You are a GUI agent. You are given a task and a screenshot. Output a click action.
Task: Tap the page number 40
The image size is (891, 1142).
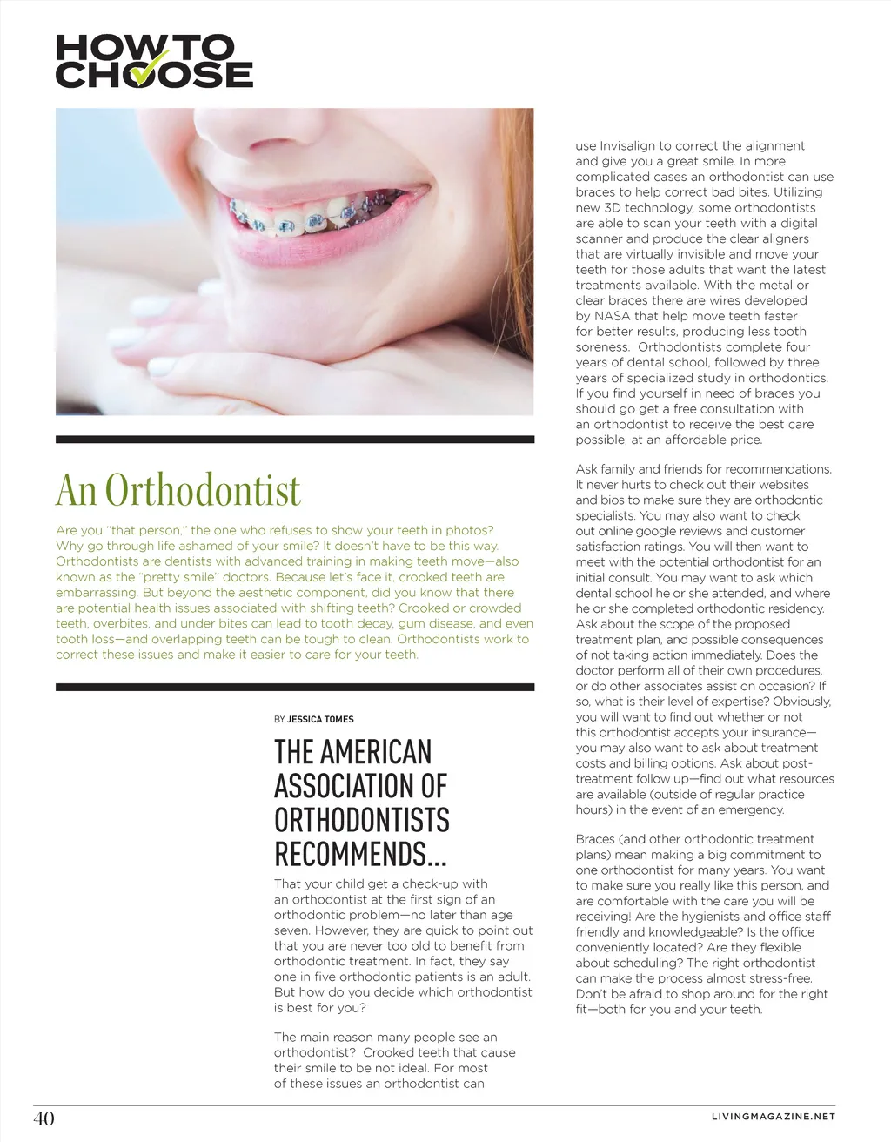tap(44, 1118)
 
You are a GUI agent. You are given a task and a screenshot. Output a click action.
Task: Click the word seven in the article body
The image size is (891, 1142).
tap(293, 930)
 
